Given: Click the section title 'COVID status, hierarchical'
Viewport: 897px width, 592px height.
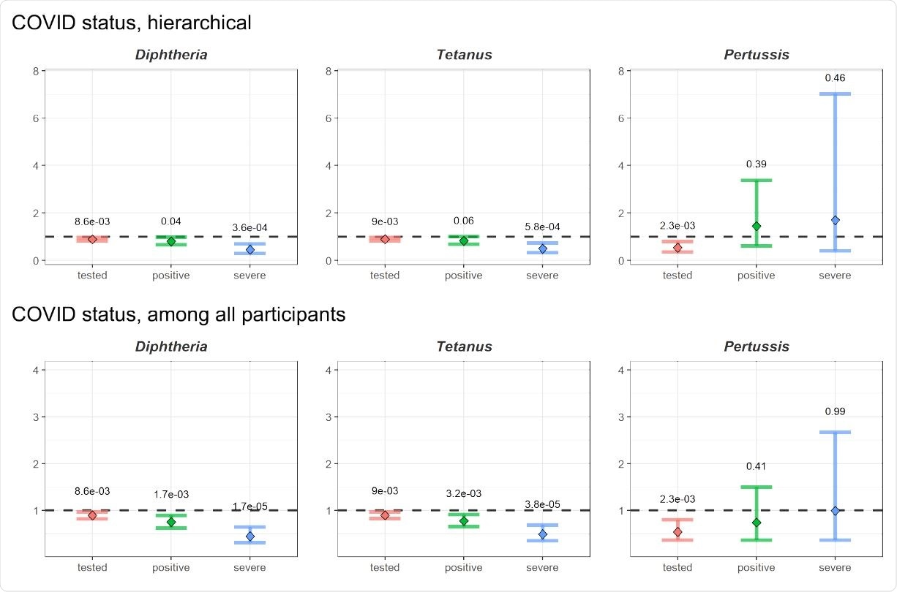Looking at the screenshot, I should tap(132, 23).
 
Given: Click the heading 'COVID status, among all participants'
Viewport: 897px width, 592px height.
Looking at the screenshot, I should tap(179, 315).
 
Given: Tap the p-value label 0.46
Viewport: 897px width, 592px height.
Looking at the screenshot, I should tap(835, 77).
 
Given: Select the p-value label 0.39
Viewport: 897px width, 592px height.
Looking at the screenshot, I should tap(756, 164).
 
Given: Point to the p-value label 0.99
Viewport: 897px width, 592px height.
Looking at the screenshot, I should tap(835, 411).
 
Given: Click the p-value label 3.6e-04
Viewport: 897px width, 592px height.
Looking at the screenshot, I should tap(249, 227).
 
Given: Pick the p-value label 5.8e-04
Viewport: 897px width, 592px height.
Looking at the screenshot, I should tap(542, 227).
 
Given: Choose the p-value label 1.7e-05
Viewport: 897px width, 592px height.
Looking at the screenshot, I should tap(249, 506).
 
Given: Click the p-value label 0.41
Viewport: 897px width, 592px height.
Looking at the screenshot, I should tap(756, 466).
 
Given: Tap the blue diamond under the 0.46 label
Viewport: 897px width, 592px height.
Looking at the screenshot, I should tap(835, 220).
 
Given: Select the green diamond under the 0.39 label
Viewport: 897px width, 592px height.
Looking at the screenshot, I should tap(756, 227).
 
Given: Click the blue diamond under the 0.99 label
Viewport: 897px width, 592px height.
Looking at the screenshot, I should tap(835, 510).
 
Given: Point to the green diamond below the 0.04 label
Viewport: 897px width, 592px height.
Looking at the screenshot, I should tap(170, 241).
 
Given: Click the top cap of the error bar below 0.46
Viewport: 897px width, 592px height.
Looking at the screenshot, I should tap(835, 94).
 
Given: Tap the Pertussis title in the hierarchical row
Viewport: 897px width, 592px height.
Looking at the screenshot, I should tap(756, 55).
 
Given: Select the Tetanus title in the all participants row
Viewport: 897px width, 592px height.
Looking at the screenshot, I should tap(463, 346).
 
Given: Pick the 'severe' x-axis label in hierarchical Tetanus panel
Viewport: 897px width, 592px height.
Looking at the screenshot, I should tap(542, 276).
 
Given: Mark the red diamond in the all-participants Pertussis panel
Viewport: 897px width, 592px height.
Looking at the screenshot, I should tap(678, 532).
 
